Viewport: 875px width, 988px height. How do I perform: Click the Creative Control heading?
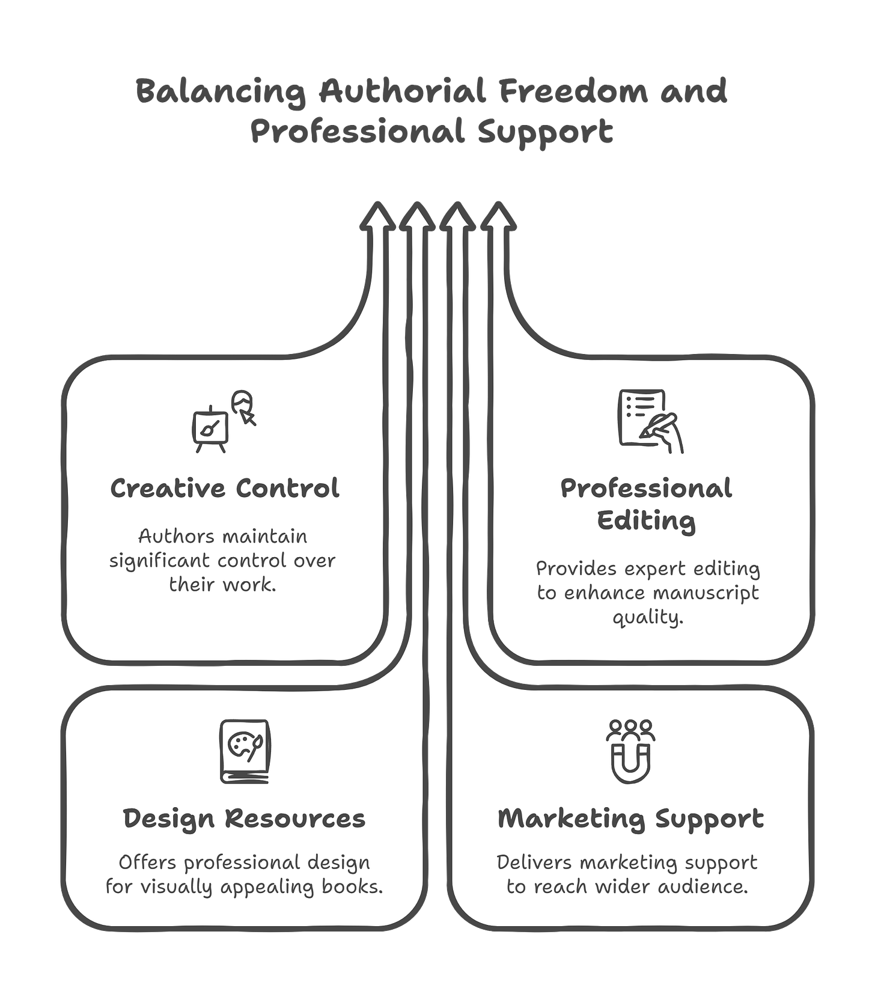click(x=225, y=488)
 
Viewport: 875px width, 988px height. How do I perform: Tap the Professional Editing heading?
click(x=646, y=504)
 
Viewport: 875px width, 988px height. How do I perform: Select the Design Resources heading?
click(x=244, y=819)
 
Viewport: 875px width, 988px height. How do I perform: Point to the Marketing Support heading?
click(x=630, y=819)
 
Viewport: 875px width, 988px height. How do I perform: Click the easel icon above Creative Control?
click(x=210, y=430)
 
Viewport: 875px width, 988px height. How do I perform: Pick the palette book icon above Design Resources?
click(x=245, y=751)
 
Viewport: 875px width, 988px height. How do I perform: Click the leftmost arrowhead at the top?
click(x=377, y=217)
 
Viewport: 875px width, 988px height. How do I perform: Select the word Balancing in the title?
click(x=220, y=93)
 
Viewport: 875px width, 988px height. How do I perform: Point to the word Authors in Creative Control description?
click(x=169, y=535)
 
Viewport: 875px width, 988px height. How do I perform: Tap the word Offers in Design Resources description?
click(x=148, y=862)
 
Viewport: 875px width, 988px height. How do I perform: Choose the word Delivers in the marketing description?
click(x=534, y=862)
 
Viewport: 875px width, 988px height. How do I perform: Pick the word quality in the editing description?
click(x=648, y=618)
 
